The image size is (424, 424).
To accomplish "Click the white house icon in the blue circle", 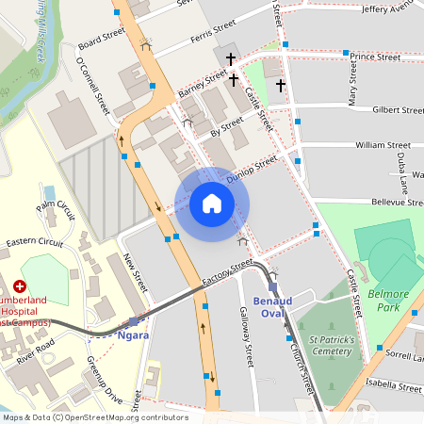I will coord(212,204).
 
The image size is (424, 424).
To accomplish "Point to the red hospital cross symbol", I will coord(20,285).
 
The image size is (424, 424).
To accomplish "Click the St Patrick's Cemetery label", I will coord(331,345).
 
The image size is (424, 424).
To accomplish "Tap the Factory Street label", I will coord(227,274).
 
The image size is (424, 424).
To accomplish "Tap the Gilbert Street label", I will coord(397,109).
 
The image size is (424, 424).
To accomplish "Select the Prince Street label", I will coord(373,57).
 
